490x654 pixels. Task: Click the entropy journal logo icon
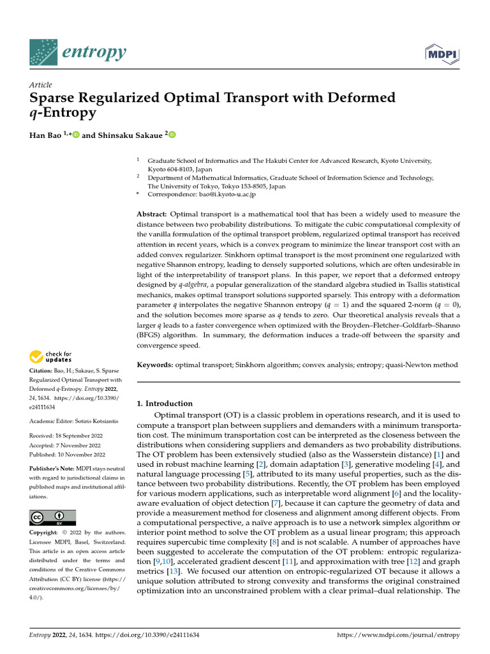pos(43,52)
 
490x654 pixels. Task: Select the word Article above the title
pos(41,85)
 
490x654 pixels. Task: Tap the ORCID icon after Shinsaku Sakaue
pos(172,135)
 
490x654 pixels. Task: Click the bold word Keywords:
pos(155,365)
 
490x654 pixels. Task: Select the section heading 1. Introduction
pos(165,404)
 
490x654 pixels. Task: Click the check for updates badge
pos(52,356)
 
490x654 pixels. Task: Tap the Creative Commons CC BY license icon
pos(52,517)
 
